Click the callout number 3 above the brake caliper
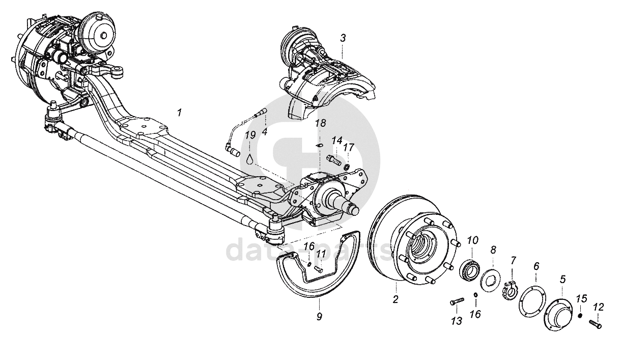[343, 38]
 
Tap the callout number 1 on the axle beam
[180, 113]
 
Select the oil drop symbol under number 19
[250, 159]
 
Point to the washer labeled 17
[346, 167]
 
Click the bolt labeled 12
[595, 324]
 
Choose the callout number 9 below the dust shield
[319, 316]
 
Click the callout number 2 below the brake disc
[396, 299]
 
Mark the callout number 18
[321, 123]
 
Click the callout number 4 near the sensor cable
[265, 131]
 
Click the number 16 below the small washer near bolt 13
[475, 314]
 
